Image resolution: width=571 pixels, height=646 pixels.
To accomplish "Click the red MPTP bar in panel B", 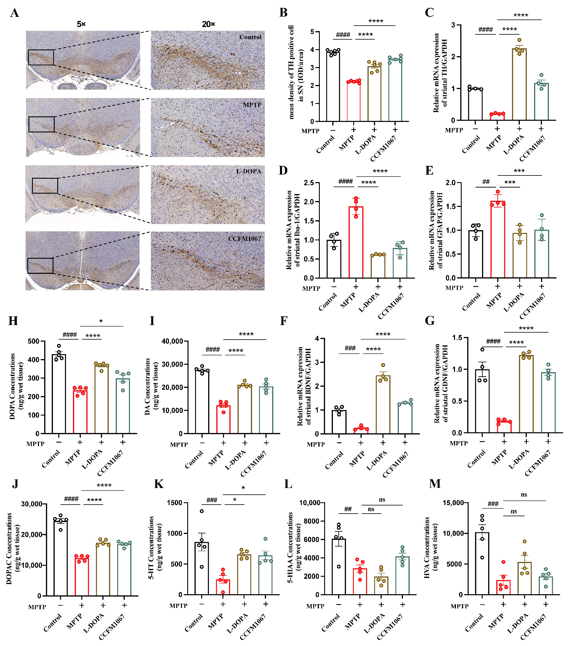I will (354, 102).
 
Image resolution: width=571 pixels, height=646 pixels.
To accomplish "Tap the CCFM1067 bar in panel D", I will (400, 263).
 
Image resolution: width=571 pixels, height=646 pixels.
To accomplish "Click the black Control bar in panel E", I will (476, 254).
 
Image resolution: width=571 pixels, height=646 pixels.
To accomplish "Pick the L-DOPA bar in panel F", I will (383, 405).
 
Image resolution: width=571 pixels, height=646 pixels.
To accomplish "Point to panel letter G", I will (430, 321).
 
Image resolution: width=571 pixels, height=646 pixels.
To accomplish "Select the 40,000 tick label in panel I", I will (172, 341).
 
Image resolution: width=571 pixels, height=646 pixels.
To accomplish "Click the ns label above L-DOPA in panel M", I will (513, 511).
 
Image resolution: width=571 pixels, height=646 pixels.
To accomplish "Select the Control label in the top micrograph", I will (250, 37).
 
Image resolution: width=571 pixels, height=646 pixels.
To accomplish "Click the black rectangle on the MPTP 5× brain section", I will (41, 124).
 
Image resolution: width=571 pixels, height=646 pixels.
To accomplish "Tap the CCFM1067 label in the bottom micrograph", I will (245, 239).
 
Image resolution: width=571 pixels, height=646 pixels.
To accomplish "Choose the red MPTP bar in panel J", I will (81, 577).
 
